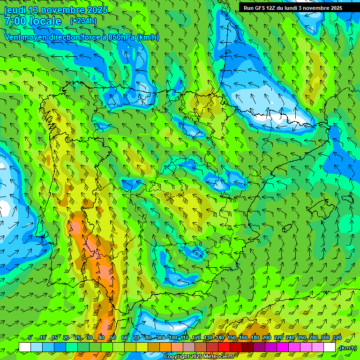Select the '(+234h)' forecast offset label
[x=83, y=21]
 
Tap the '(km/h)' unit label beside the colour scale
[x=348, y=347]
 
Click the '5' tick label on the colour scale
[x=30, y=338]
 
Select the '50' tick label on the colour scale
[x=112, y=338]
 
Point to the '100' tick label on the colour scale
[x=172, y=338]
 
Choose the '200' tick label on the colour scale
[x=266, y=338]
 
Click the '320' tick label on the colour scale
[x=337, y=338]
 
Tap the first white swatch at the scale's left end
[x=25, y=347]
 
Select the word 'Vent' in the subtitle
[x=13, y=37]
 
